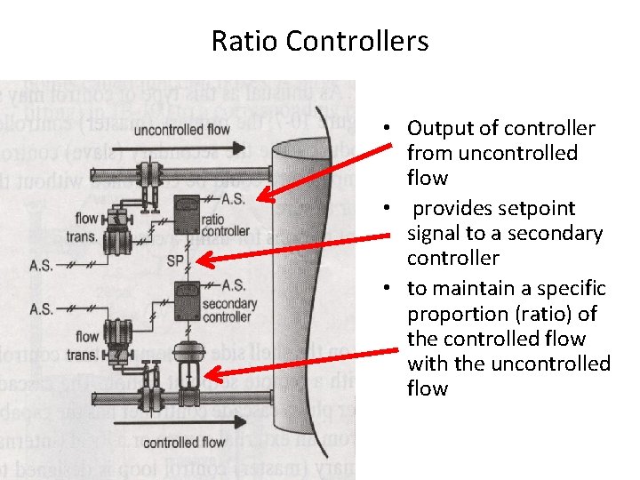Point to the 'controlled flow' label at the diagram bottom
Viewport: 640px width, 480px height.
[183, 442]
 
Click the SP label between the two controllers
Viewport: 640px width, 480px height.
[175, 260]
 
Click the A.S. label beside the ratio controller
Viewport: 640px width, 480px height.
[233, 197]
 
